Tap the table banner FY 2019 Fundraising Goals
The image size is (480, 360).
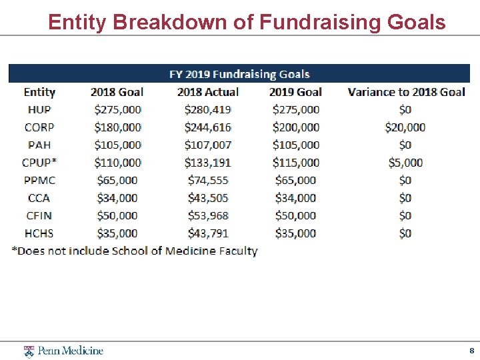coord(239,74)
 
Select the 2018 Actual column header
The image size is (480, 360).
coord(207,92)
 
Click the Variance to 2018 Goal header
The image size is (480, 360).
coord(406,92)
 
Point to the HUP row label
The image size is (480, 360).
coord(39,109)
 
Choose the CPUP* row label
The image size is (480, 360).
coord(39,162)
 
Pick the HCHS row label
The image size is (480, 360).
coord(39,233)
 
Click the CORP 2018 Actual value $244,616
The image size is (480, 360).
coord(207,127)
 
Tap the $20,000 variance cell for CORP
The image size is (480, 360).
coord(405,127)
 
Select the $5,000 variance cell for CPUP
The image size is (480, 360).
coord(405,162)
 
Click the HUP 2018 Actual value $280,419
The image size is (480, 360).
coord(207,109)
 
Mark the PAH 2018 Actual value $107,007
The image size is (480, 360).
coord(207,145)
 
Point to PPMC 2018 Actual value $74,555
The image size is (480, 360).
coord(207,180)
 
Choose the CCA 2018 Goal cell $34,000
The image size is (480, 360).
coord(117,198)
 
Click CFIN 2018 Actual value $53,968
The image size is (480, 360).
coord(207,215)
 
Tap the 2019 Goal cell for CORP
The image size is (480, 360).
coord(295,127)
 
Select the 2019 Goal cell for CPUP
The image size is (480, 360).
coord(295,162)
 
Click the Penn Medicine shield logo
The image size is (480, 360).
coord(29,351)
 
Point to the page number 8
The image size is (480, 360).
coord(471,351)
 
